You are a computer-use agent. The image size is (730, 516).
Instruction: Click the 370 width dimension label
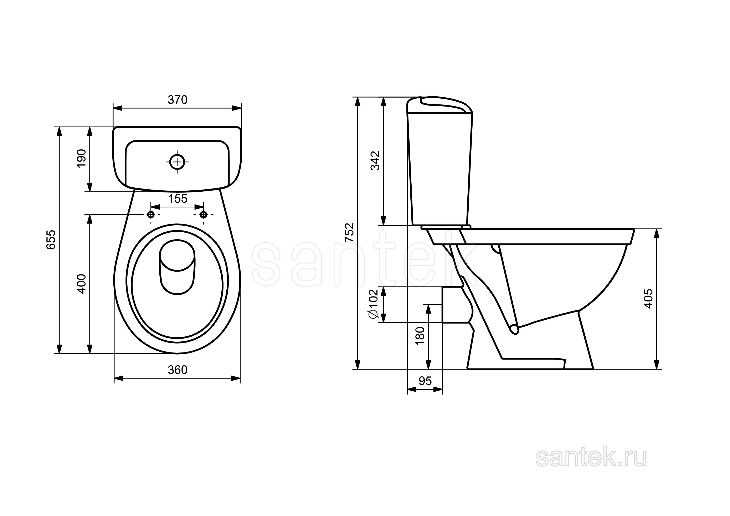[x=178, y=100]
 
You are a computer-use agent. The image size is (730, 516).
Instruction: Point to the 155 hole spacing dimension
[x=178, y=199]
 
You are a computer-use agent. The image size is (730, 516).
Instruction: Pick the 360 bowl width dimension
[x=178, y=370]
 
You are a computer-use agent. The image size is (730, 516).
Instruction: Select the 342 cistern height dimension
[x=375, y=161]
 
